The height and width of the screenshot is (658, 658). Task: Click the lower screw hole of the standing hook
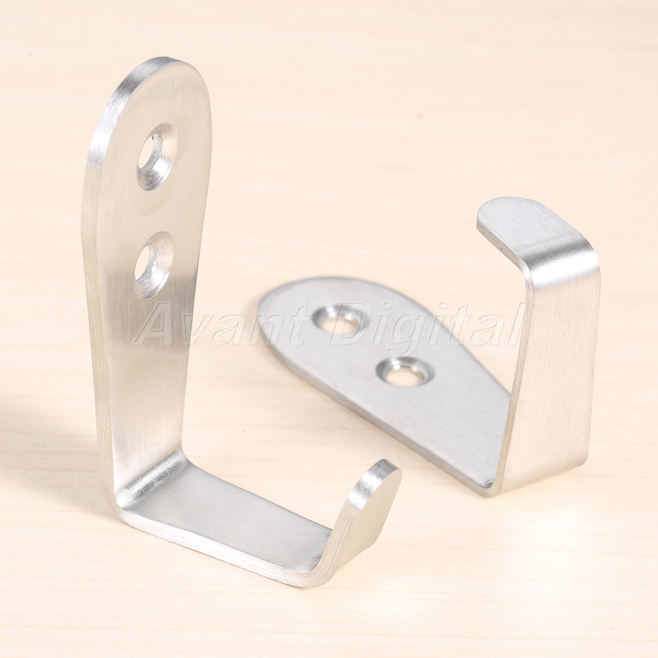tap(154, 265)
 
